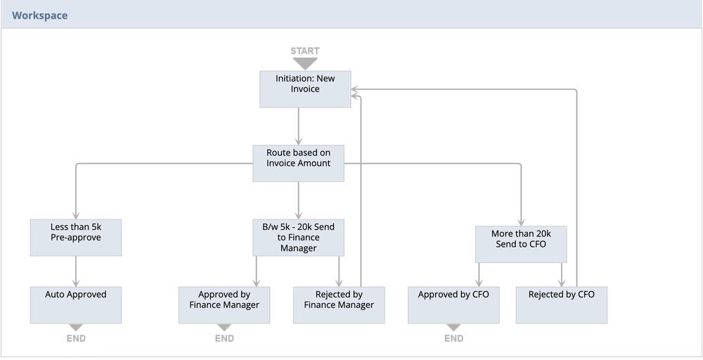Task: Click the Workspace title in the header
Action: point(39,15)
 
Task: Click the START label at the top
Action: point(304,51)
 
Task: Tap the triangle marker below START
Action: point(304,63)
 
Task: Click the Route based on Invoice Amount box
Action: point(298,163)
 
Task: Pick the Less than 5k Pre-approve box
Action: point(76,238)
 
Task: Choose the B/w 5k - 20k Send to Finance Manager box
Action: point(298,238)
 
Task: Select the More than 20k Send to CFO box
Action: point(520,243)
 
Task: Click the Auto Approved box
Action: point(76,304)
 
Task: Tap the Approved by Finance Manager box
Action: point(224,304)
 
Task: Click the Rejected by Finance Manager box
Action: point(339,304)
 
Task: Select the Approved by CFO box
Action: point(453,304)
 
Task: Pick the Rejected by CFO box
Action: point(561,304)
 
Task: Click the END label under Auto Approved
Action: point(76,338)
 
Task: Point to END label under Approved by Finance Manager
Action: point(224,338)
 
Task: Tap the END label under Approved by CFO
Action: point(453,338)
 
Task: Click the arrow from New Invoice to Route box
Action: point(298,127)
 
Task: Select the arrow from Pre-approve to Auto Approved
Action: point(76,271)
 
